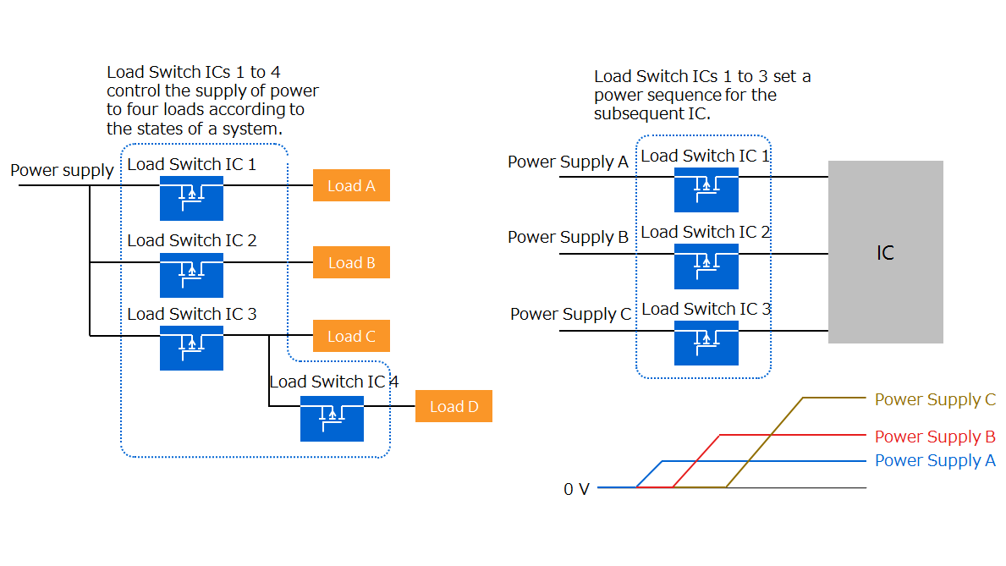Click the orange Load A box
(x=351, y=185)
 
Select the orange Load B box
(x=351, y=262)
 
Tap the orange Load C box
(x=351, y=336)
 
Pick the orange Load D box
(x=454, y=406)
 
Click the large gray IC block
(x=885, y=252)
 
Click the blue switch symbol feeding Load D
(x=332, y=418)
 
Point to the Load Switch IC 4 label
(x=333, y=382)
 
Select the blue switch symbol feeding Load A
(x=191, y=198)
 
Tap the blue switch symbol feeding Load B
(x=191, y=274)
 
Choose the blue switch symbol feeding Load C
(x=191, y=347)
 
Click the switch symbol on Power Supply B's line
(x=706, y=266)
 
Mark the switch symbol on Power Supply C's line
(x=706, y=343)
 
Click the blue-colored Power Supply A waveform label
(x=935, y=461)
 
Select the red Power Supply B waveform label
(x=935, y=437)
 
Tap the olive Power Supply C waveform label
(x=935, y=399)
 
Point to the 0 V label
(x=576, y=489)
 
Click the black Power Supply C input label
(x=570, y=314)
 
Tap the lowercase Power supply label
(x=62, y=170)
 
